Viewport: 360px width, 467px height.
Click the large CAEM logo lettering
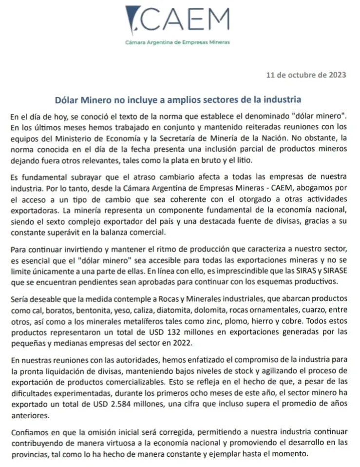[x=188, y=19]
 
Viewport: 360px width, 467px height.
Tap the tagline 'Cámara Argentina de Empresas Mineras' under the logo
[x=178, y=42]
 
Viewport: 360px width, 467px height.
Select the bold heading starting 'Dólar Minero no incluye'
[x=178, y=99]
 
